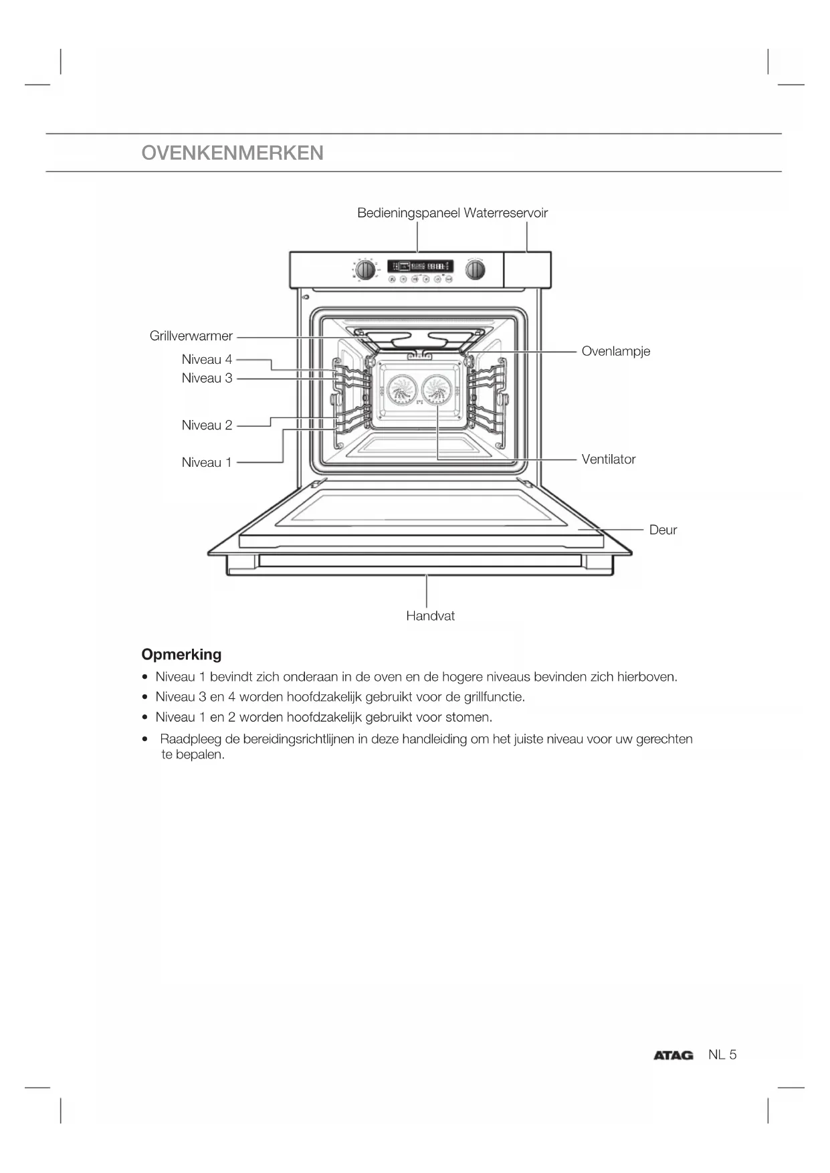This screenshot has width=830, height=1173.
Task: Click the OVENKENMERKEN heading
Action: coord(232,153)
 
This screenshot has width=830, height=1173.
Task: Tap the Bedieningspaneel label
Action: coord(409,213)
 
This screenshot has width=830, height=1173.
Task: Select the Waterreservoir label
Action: coord(506,213)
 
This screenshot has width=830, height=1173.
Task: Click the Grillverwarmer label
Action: coord(191,336)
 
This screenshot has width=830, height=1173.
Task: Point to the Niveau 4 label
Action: coord(207,359)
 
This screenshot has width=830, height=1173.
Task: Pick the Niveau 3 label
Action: coord(207,378)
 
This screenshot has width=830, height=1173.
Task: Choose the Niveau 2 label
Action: coord(207,425)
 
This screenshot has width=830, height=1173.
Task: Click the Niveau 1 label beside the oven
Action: coord(207,462)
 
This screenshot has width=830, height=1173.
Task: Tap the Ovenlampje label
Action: coord(615,351)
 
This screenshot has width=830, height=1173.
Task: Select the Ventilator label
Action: coord(608,459)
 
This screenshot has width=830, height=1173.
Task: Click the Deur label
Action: coord(663,530)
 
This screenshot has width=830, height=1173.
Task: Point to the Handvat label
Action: coord(430,616)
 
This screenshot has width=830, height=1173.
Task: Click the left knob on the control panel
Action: coord(365,270)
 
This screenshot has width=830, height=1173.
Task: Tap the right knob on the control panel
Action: coord(476,270)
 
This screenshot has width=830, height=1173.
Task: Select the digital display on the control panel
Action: coord(420,266)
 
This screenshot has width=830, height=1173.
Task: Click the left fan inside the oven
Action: coord(402,390)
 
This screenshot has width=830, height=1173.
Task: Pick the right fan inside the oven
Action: coord(437,390)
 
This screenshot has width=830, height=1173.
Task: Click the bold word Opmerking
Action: coord(181,654)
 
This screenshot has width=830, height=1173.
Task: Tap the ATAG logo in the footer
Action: coord(673,1055)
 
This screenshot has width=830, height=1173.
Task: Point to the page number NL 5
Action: coord(722,1055)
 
